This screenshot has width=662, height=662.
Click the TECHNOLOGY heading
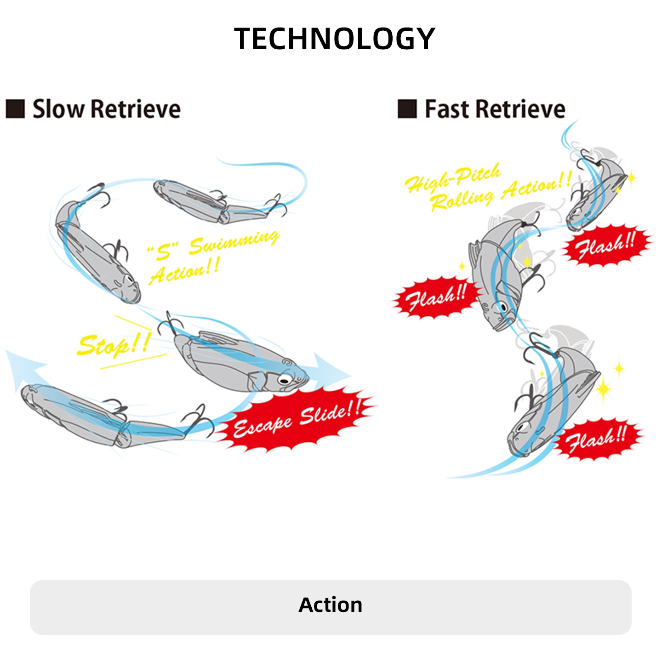pyautogui.click(x=334, y=39)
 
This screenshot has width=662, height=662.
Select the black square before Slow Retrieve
pyautogui.click(x=15, y=109)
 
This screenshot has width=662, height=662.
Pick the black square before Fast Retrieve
pyautogui.click(x=407, y=109)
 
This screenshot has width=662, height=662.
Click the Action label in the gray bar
pyautogui.click(x=331, y=605)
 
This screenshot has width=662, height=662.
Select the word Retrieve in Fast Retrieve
pyautogui.click(x=520, y=109)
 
